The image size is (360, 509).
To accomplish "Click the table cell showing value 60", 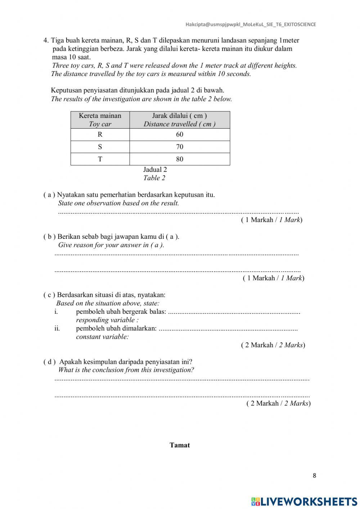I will click(180, 134).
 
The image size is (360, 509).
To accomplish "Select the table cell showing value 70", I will click(180, 147).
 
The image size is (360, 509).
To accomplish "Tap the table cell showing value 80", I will click(180, 159).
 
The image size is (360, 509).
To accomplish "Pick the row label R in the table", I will click(100, 134).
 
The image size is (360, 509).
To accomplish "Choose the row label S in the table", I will click(100, 147).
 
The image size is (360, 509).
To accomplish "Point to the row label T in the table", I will click(100, 159).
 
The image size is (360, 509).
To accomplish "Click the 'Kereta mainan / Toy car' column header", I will click(100, 120).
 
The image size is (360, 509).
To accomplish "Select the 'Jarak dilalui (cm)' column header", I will click(180, 120).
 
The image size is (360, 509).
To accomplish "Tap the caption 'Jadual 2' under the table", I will click(155, 169).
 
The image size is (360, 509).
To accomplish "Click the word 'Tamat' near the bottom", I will click(180, 445).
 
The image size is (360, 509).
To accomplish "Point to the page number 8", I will click(314, 475).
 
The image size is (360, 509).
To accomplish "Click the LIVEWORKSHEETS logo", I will click(304, 501).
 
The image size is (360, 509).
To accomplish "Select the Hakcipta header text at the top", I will click(251, 24).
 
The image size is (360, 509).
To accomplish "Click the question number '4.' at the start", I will click(46, 40).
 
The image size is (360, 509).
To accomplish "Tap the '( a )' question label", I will click(49, 195).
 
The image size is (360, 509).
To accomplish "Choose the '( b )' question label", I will click(49, 237).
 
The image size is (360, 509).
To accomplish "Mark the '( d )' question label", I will click(50, 362).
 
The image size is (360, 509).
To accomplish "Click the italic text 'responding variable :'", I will click(107, 320).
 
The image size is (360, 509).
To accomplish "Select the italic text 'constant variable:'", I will click(102, 337).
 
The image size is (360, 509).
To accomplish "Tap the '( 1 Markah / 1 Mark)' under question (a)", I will click(271, 220).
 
